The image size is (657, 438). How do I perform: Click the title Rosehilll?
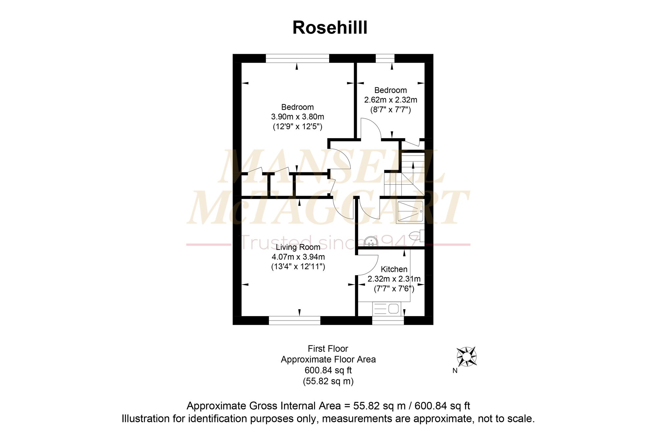pyautogui.click(x=330, y=27)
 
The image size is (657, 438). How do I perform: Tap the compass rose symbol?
pyautogui.click(x=466, y=357)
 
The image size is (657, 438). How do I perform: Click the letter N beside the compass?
pyautogui.click(x=455, y=371)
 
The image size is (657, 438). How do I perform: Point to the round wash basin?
pyautogui.click(x=371, y=242)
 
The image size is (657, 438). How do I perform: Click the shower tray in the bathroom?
pyautogui.click(x=410, y=211)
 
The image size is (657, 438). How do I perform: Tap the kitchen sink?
pyautogui.click(x=387, y=309)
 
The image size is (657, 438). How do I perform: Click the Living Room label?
pyautogui.click(x=298, y=247)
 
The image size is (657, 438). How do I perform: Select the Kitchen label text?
pyautogui.click(x=394, y=269)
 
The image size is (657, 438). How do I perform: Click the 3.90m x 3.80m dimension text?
pyautogui.click(x=298, y=117)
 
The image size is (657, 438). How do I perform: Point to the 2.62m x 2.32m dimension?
pyautogui.click(x=391, y=100)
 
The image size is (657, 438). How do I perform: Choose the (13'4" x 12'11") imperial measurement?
pyautogui.click(x=298, y=267)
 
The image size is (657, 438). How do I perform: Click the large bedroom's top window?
pyautogui.click(x=297, y=58)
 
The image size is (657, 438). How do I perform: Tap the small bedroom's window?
pyautogui.click(x=385, y=58)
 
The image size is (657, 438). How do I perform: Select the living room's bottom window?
pyautogui.click(x=295, y=320)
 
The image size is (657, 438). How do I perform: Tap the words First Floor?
pyautogui.click(x=328, y=349)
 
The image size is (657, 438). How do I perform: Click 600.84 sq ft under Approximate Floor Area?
pyautogui.click(x=328, y=370)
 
